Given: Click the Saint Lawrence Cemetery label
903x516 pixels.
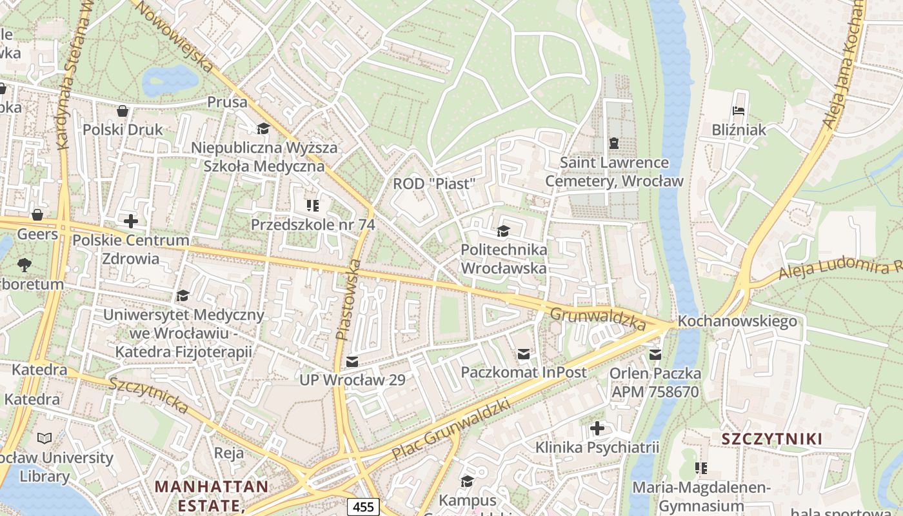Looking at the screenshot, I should pyautogui.click(x=613, y=172).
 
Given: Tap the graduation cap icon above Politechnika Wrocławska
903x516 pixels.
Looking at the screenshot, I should pyautogui.click(x=503, y=231).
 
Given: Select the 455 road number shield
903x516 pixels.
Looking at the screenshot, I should pyautogui.click(x=363, y=507).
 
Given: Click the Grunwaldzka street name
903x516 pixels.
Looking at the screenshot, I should pyautogui.click(x=598, y=319).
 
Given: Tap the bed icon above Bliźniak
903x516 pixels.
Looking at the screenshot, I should pyautogui.click(x=739, y=112).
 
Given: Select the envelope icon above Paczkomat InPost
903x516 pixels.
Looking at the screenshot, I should pyautogui.click(x=524, y=354).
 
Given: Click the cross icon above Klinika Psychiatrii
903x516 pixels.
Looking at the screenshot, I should pyautogui.click(x=597, y=428).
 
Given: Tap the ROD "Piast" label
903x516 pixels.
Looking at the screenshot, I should pyautogui.click(x=433, y=184).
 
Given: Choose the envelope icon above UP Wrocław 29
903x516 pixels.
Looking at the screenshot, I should pyautogui.click(x=352, y=362).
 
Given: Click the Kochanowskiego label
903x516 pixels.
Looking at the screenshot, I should pyautogui.click(x=737, y=321).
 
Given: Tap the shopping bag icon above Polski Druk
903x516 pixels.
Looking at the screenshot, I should pyautogui.click(x=123, y=112).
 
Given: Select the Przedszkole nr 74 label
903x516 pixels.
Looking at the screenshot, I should pyautogui.click(x=313, y=225).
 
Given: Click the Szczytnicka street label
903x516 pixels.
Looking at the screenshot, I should pyautogui.click(x=149, y=395).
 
